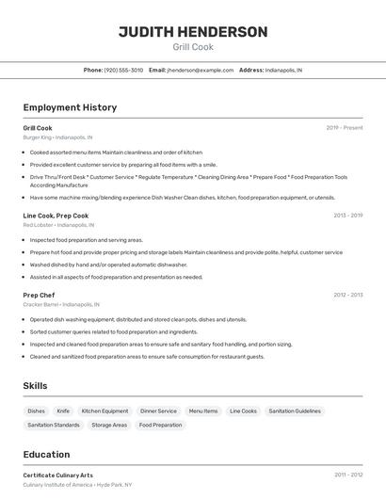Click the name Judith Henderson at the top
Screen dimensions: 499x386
click(x=193, y=32)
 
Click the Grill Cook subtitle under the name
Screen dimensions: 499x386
click(x=193, y=47)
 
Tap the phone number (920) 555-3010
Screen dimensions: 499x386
click(x=123, y=70)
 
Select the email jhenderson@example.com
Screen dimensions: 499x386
click(x=201, y=70)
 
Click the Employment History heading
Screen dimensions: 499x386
click(x=70, y=107)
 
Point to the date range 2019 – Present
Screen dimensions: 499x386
click(x=345, y=128)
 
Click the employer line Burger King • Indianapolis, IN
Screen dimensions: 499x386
click(x=58, y=137)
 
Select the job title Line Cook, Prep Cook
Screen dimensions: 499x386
click(x=56, y=216)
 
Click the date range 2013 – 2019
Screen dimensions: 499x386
click(x=347, y=216)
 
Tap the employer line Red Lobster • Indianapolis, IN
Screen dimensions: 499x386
click(x=58, y=225)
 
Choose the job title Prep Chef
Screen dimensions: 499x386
click(x=39, y=295)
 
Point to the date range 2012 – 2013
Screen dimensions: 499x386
click(x=347, y=295)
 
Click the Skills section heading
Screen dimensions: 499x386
click(x=36, y=386)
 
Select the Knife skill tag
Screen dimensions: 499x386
click(x=63, y=411)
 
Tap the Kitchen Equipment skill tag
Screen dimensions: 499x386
click(x=105, y=411)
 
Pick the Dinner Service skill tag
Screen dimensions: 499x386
click(x=158, y=411)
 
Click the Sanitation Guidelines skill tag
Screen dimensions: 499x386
click(x=295, y=411)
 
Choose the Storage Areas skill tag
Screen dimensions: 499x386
click(x=109, y=426)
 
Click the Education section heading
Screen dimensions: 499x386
click(x=47, y=454)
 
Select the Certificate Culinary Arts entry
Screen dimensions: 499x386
click(x=58, y=475)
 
